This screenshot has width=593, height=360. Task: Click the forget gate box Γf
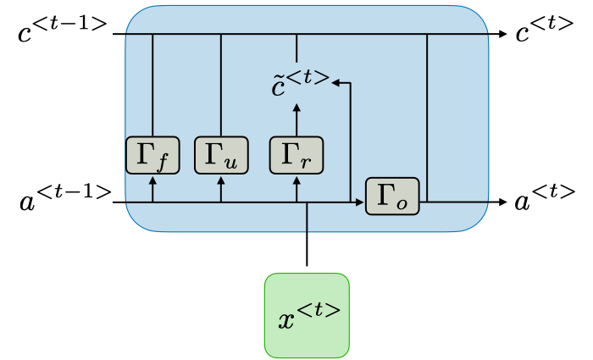[152, 155]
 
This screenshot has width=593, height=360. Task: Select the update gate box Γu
[221, 155]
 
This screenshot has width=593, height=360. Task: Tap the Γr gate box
[296, 155]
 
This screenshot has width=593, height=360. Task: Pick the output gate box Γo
[392, 196]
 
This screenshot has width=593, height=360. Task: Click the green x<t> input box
[307, 313]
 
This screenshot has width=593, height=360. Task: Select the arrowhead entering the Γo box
[360, 202]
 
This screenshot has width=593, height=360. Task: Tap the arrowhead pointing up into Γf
[152, 180]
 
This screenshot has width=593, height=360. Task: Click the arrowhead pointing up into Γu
[221, 180]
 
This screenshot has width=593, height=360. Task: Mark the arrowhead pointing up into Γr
[296, 180]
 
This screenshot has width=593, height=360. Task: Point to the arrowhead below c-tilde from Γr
[296, 107]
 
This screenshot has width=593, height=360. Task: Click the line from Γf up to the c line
[152, 85]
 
